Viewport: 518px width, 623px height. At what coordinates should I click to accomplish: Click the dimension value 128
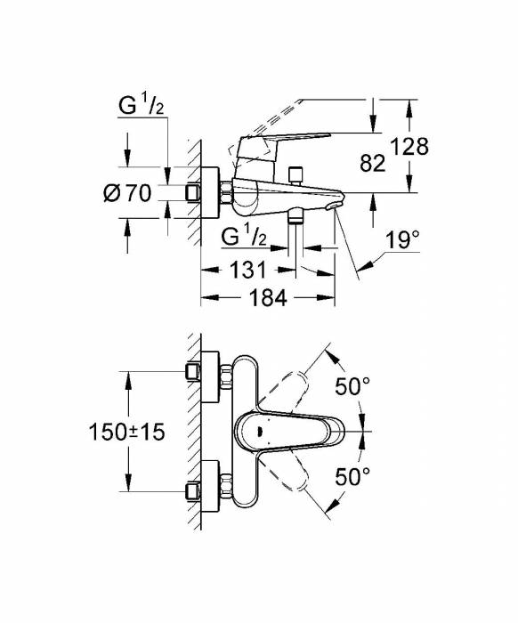(410, 146)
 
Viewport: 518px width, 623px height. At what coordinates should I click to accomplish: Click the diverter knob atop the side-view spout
(296, 171)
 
